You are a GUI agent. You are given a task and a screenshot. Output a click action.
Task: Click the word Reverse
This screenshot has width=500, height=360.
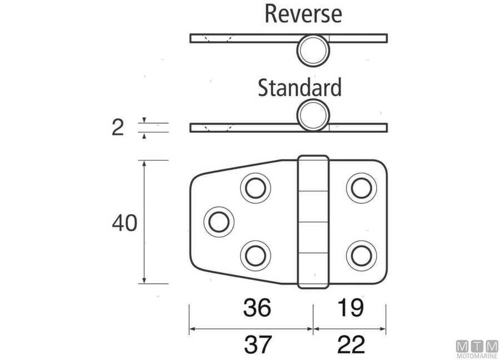pos(303,13)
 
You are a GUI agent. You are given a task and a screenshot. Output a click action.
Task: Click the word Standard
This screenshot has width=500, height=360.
pos(299,88)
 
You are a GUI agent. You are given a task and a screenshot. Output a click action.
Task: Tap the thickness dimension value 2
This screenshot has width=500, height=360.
pos(117,128)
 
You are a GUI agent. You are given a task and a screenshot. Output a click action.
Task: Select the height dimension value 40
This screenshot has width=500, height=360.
pos(124,224)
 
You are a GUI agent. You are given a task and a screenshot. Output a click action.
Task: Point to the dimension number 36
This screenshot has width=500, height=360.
pos(257,307)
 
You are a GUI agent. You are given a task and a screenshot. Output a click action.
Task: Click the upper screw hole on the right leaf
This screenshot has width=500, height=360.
pos(361,188)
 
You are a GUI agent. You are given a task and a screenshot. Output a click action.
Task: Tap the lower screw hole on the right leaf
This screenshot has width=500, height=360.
pos(361,256)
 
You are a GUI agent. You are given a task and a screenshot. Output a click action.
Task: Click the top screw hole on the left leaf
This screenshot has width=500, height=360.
pos(255,188)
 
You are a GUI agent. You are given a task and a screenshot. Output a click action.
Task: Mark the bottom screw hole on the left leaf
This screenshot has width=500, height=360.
pos(255,256)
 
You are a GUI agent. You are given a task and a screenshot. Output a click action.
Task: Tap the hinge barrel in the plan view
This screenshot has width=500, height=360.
pos(313,222)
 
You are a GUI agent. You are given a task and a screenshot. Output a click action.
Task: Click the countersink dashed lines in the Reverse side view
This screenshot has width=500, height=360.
pos(217,38)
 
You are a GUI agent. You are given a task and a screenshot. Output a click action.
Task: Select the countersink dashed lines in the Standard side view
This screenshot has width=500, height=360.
pos(217,128)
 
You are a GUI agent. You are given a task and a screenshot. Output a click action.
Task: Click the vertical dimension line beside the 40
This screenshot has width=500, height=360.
pos(144,222)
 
